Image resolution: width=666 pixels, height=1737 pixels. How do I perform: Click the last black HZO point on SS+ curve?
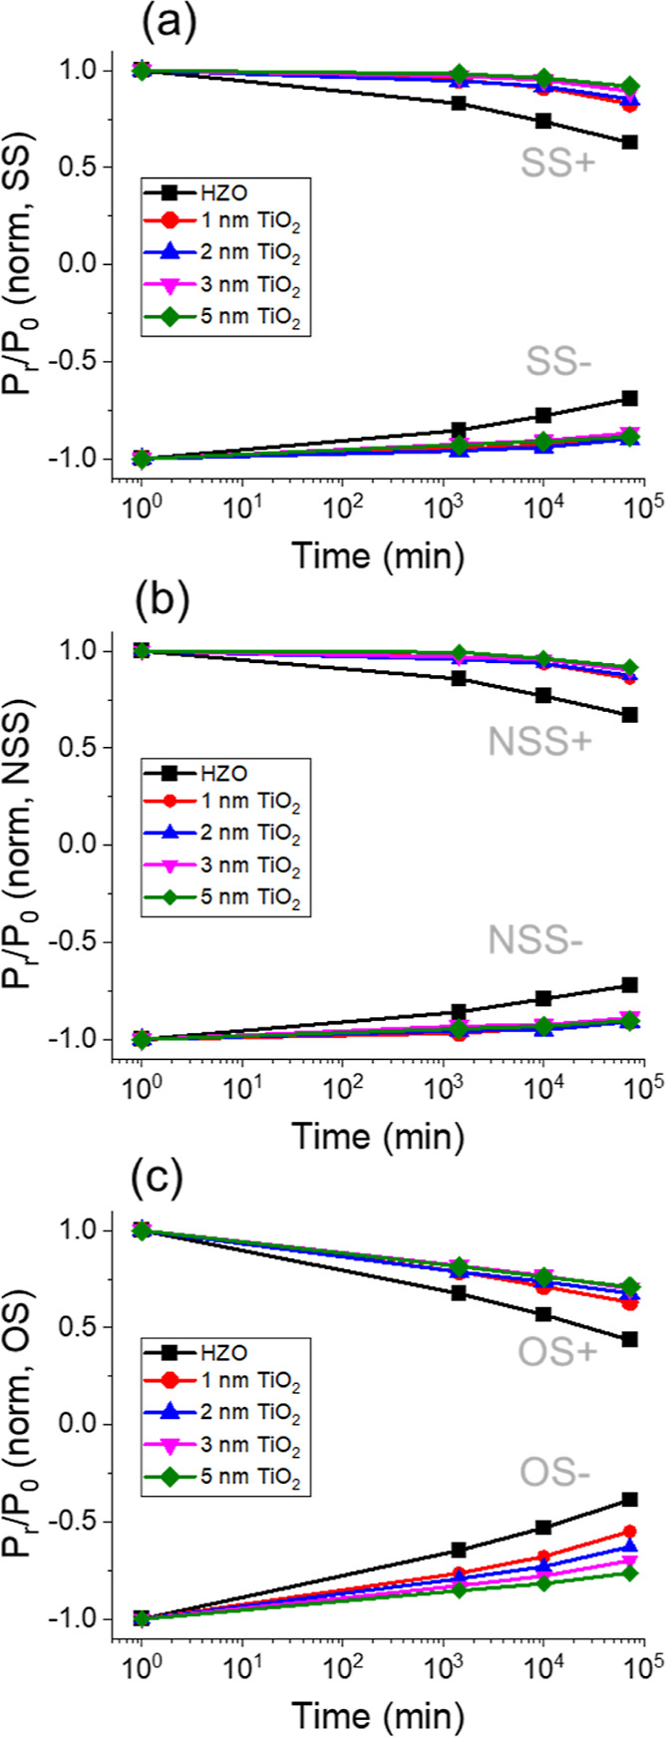[x=629, y=143]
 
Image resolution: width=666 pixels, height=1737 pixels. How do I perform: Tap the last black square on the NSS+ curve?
[x=629, y=715]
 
